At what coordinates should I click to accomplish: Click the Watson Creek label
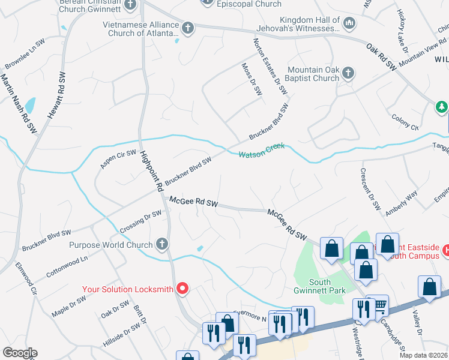261,151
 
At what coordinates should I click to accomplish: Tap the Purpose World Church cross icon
161,244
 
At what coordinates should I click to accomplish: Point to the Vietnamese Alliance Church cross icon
188,28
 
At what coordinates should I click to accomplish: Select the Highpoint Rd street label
152,171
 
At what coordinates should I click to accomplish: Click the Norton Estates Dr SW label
270,66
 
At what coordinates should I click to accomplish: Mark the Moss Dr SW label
252,80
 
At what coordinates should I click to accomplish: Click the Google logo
20,353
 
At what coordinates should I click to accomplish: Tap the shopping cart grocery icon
379,305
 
